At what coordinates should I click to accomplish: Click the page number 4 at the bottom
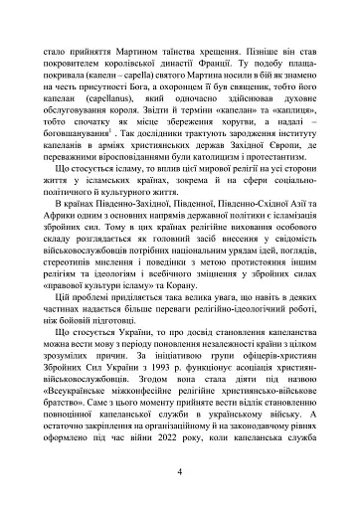click(179, 471)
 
